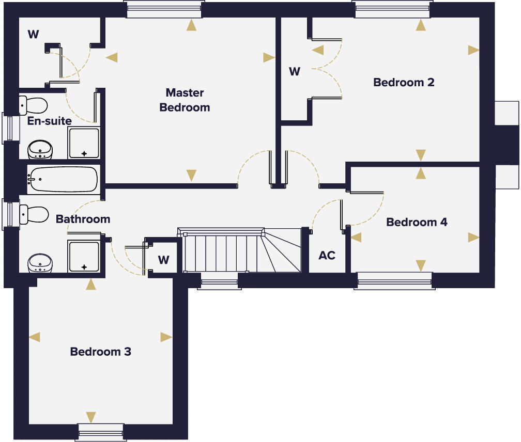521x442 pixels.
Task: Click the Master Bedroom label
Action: pyautogui.click(x=185, y=100)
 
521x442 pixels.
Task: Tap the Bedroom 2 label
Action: pyautogui.click(x=404, y=82)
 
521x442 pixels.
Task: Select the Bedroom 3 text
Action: pyautogui.click(x=101, y=352)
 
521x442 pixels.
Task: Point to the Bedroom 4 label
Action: pyautogui.click(x=417, y=222)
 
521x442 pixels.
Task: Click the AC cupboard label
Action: pyautogui.click(x=327, y=255)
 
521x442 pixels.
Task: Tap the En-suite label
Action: pyautogui.click(x=50, y=120)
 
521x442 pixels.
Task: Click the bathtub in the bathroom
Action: pyautogui.click(x=63, y=179)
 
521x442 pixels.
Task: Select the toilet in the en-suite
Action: pyautogui.click(x=33, y=105)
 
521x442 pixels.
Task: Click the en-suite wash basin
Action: pyautogui.click(x=40, y=149)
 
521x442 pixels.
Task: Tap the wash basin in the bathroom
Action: pyautogui.click(x=40, y=262)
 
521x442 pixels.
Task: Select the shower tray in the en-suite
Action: pyautogui.click(x=83, y=143)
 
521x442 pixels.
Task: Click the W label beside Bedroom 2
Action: pyautogui.click(x=294, y=71)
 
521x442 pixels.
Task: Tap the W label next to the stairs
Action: pyautogui.click(x=163, y=260)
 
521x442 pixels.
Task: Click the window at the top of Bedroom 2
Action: pyautogui.click(x=392, y=9)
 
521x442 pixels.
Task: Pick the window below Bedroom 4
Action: pyautogui.click(x=395, y=281)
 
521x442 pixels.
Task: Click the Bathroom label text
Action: pyautogui.click(x=83, y=219)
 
